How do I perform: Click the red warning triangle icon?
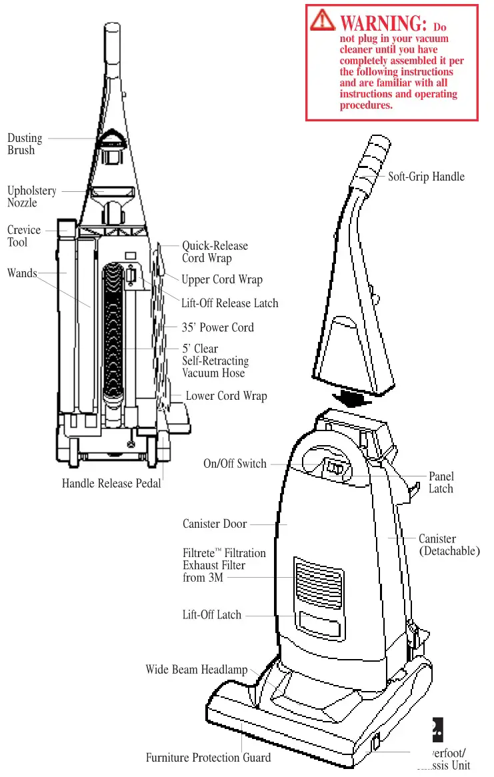pyautogui.click(x=323, y=21)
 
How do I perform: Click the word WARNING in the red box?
pyautogui.click(x=383, y=23)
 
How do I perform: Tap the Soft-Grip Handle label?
pyautogui.click(x=426, y=177)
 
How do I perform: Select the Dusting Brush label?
pyautogui.click(x=25, y=144)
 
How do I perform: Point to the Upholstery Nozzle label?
pyautogui.click(x=32, y=197)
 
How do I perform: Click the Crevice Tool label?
pyautogui.click(x=24, y=236)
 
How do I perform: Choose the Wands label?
pyautogui.click(x=22, y=273)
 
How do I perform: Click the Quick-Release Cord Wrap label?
pyautogui.click(x=215, y=252)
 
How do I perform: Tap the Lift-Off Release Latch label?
pyautogui.click(x=229, y=303)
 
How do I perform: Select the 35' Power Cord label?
pyautogui.click(x=217, y=327)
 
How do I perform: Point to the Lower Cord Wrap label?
pyautogui.click(x=226, y=396)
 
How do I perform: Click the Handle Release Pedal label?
pyautogui.click(x=111, y=483)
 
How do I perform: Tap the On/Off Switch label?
pyautogui.click(x=235, y=464)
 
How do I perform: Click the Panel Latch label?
pyautogui.click(x=441, y=482)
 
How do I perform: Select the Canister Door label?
pyautogui.click(x=215, y=524)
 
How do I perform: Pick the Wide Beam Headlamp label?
pyautogui.click(x=197, y=670)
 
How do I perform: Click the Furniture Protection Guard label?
pyautogui.click(x=208, y=758)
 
